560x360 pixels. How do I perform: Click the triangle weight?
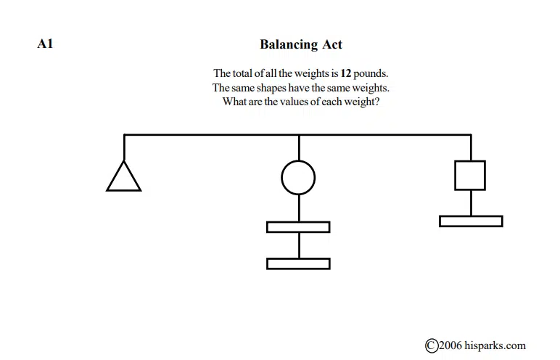tap(123, 190)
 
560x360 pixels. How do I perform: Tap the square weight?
tap(470, 161)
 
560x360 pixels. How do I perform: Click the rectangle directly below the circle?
tap(298, 222)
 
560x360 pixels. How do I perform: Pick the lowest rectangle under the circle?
tap(298, 259)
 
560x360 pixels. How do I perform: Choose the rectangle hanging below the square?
tap(471, 216)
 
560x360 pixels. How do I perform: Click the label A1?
tap(45, 44)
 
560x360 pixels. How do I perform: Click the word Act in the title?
tap(332, 44)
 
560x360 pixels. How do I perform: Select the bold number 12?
tap(346, 73)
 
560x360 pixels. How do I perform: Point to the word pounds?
tap(371, 73)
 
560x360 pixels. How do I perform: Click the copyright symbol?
tap(432, 345)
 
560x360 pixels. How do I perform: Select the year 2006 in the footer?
tap(450, 345)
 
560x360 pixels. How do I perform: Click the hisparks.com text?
tap(495, 345)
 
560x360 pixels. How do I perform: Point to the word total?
tap(242, 73)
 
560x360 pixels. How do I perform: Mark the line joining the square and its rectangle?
tap(471, 203)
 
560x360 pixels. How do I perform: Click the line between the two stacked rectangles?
tap(299, 245)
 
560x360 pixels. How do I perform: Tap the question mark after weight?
tap(376, 102)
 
